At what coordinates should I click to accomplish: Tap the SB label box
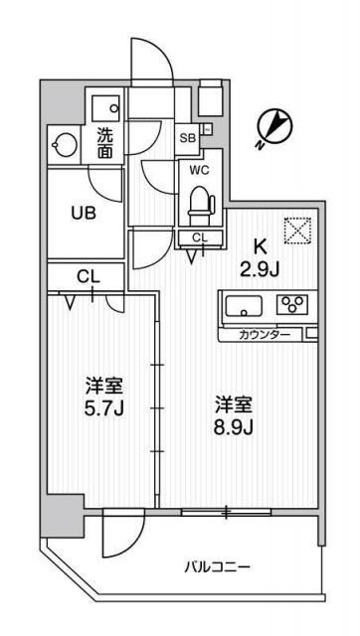187,137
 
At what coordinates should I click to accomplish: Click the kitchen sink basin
243,306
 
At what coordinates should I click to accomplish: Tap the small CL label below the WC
200,237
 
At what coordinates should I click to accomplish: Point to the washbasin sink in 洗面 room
103,104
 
